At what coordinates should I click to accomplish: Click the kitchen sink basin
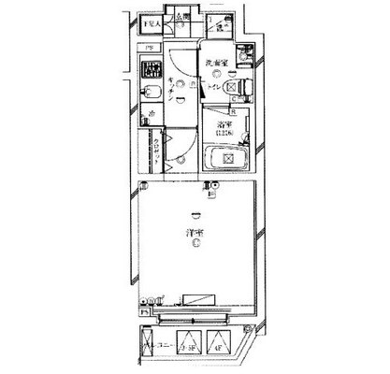(x=149, y=93)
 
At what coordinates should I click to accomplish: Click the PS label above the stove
(x=150, y=49)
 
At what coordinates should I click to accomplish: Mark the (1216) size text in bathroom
(x=224, y=133)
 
